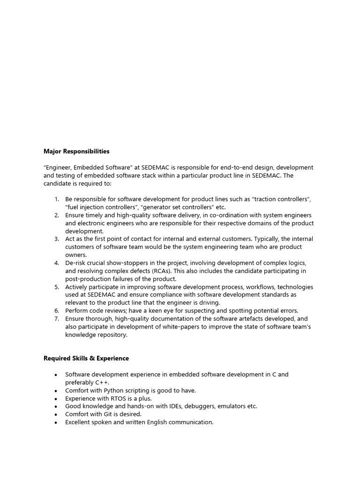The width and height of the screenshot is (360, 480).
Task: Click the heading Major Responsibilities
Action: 76,151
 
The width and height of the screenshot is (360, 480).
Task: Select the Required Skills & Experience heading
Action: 86,358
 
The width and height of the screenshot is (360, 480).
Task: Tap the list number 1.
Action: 56,199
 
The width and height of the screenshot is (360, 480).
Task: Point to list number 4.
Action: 56,263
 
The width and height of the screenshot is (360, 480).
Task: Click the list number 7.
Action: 56,319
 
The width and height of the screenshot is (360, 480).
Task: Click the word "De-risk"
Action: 76,263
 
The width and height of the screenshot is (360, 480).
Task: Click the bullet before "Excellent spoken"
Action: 56,422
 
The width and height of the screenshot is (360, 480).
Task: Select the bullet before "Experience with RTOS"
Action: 56,398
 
